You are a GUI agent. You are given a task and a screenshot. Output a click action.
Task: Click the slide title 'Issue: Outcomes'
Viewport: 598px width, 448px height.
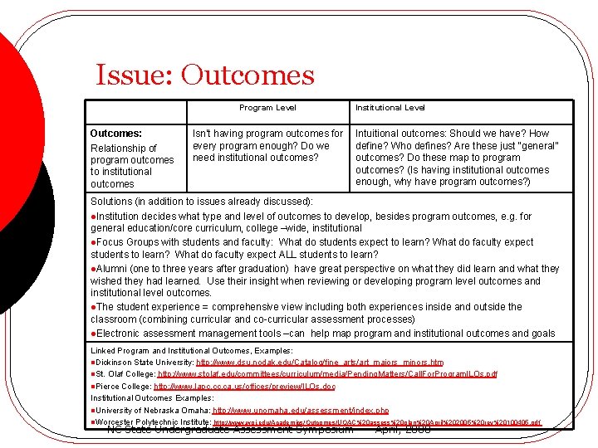coord(205,75)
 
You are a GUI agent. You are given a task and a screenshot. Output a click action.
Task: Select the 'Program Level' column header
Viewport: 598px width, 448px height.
coord(267,108)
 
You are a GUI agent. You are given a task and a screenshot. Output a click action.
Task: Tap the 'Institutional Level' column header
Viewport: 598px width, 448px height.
coord(390,108)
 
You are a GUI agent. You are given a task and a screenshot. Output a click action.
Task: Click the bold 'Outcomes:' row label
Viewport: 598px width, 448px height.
coord(115,133)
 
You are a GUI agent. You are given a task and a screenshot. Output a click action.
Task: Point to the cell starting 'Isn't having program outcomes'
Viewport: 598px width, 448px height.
coord(267,145)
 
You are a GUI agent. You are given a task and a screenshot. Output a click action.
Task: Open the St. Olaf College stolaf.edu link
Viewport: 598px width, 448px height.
coord(327,374)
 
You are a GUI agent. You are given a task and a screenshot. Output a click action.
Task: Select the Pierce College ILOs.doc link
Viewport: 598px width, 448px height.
coord(245,387)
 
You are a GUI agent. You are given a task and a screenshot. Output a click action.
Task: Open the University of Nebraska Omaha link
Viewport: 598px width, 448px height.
coord(301,410)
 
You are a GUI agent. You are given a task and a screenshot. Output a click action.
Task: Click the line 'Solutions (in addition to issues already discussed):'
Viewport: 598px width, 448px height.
coord(202,202)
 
